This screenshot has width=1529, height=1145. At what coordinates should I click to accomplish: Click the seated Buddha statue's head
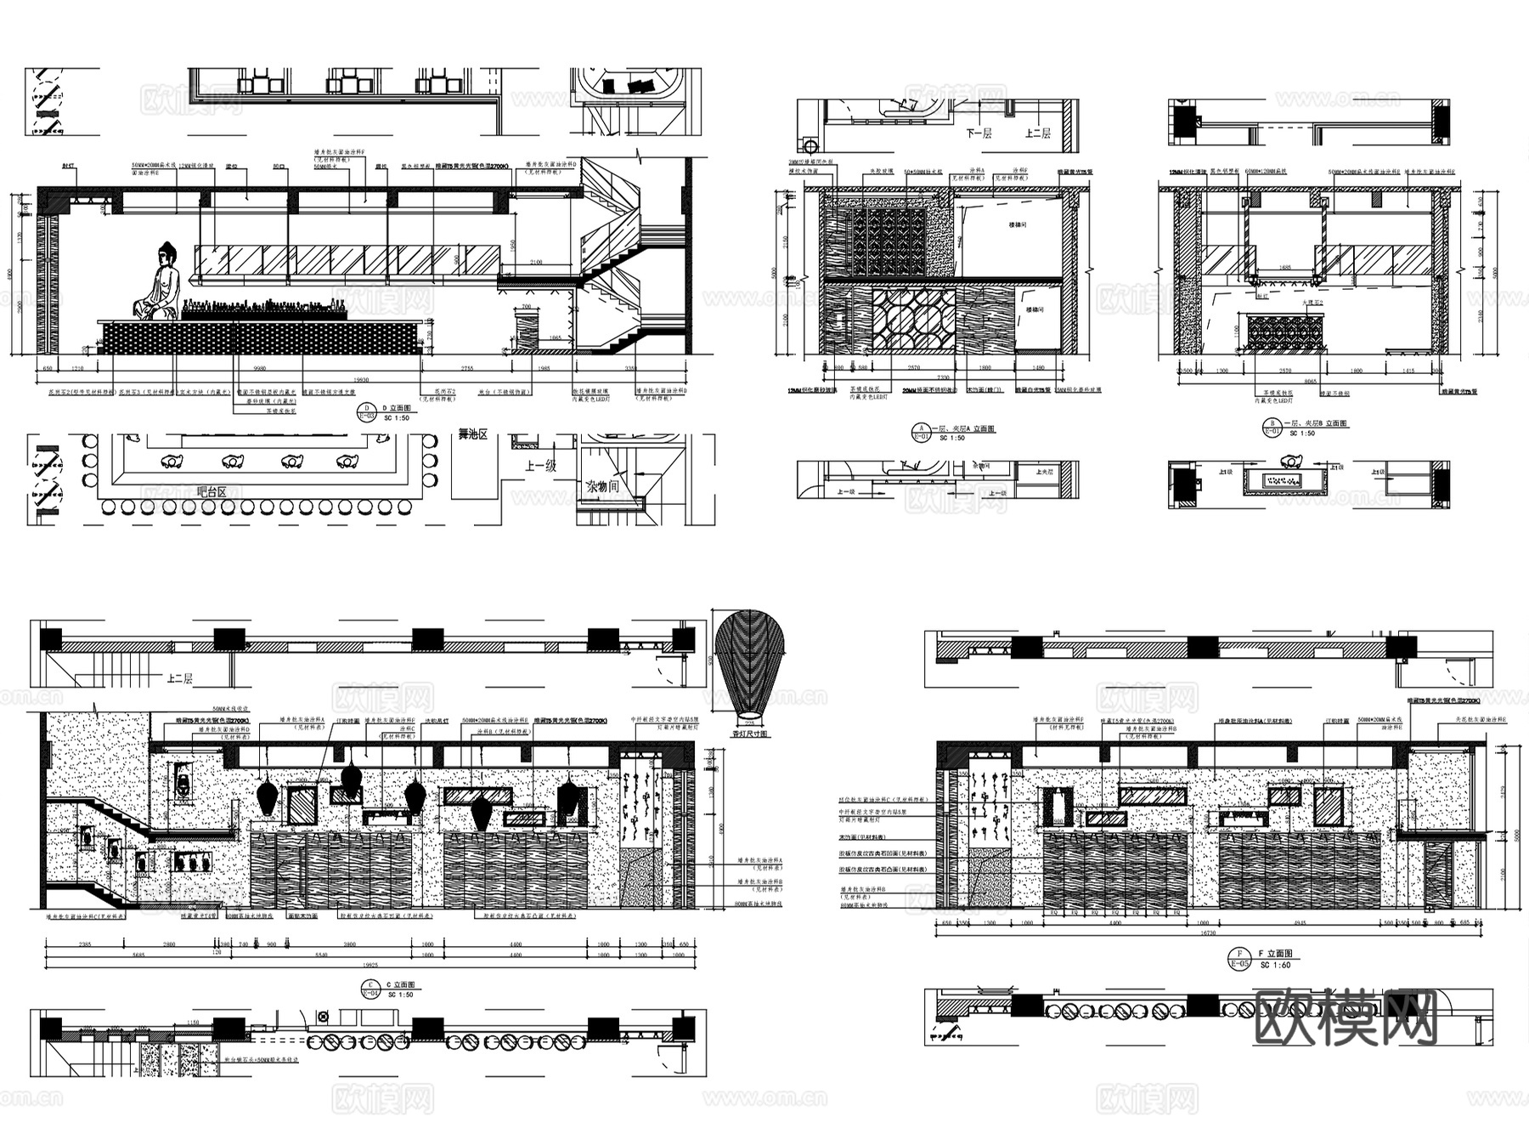pyautogui.click(x=166, y=252)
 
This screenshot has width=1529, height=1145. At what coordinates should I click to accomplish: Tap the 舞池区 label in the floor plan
pyautogui.click(x=473, y=434)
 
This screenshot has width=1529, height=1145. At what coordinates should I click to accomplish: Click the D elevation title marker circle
pyautogui.click(x=367, y=411)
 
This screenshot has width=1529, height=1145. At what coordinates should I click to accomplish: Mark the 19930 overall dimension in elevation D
pyautogui.click(x=362, y=380)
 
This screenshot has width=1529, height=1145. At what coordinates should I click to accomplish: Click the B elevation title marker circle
pyautogui.click(x=1272, y=427)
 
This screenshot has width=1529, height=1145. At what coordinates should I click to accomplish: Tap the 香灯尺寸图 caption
pyautogui.click(x=750, y=733)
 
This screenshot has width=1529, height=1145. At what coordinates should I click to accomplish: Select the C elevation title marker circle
pyautogui.click(x=371, y=988)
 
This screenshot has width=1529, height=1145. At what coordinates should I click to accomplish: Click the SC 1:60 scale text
pyautogui.click(x=1275, y=966)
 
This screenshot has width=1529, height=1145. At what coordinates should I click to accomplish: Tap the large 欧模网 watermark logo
pyautogui.click(x=1346, y=1017)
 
